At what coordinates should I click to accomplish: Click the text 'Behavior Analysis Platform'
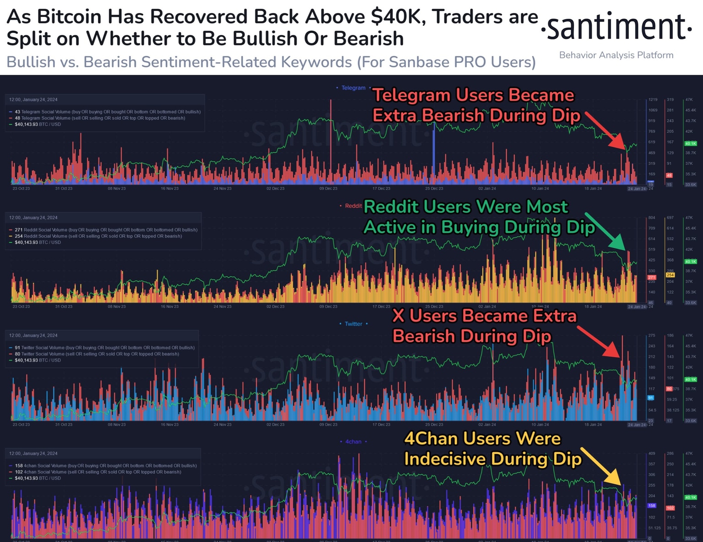[x=616, y=55]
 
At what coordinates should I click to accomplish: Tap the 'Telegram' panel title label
[x=353, y=88]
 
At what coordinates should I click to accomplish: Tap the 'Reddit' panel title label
[x=353, y=206]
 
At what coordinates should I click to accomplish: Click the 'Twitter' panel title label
[x=353, y=324]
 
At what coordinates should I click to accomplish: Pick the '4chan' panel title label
[x=353, y=442]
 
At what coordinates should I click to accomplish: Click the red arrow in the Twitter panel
[x=599, y=342]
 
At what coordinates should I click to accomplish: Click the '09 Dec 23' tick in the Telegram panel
[x=328, y=189]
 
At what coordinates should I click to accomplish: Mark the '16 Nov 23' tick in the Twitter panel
[x=169, y=425]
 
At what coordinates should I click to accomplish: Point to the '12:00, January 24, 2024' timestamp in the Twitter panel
[x=33, y=335]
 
